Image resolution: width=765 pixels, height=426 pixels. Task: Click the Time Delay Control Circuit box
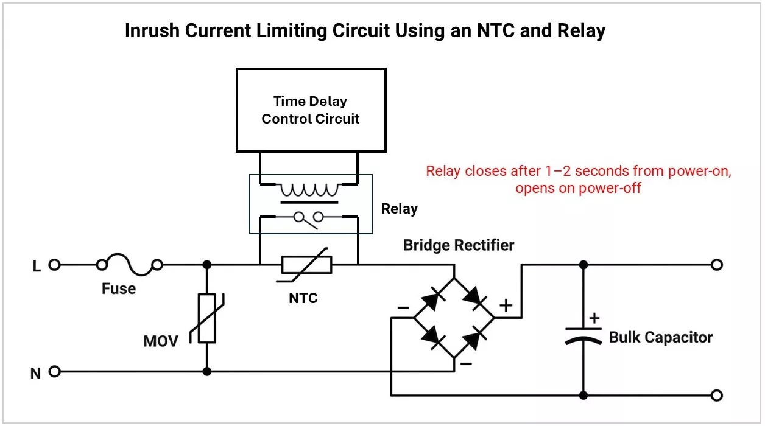pos(311,110)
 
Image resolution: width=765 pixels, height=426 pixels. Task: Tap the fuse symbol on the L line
pos(130,265)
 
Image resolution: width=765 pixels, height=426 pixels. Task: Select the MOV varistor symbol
pos(207,318)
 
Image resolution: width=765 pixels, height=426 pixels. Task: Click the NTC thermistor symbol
pos(307,265)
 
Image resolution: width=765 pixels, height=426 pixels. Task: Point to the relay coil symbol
pos(309,189)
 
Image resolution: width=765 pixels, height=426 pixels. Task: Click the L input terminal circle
pos(55,265)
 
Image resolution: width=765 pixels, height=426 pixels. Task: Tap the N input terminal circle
pos(55,371)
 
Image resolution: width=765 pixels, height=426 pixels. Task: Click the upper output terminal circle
pos(717,265)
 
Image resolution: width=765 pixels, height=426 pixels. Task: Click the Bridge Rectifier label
pos(459,245)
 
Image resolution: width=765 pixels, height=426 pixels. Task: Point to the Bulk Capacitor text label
pos(661,337)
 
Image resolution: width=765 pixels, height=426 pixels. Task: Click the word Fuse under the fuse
pos(119,288)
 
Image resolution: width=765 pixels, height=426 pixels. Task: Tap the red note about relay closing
pos(578,179)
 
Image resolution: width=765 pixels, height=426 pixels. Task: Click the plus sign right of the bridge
pos(506,306)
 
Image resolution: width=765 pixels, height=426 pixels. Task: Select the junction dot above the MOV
pos(207,265)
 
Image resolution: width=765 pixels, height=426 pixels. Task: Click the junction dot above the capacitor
pos(583,265)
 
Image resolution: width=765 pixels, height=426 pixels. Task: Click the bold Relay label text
pos(399,209)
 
